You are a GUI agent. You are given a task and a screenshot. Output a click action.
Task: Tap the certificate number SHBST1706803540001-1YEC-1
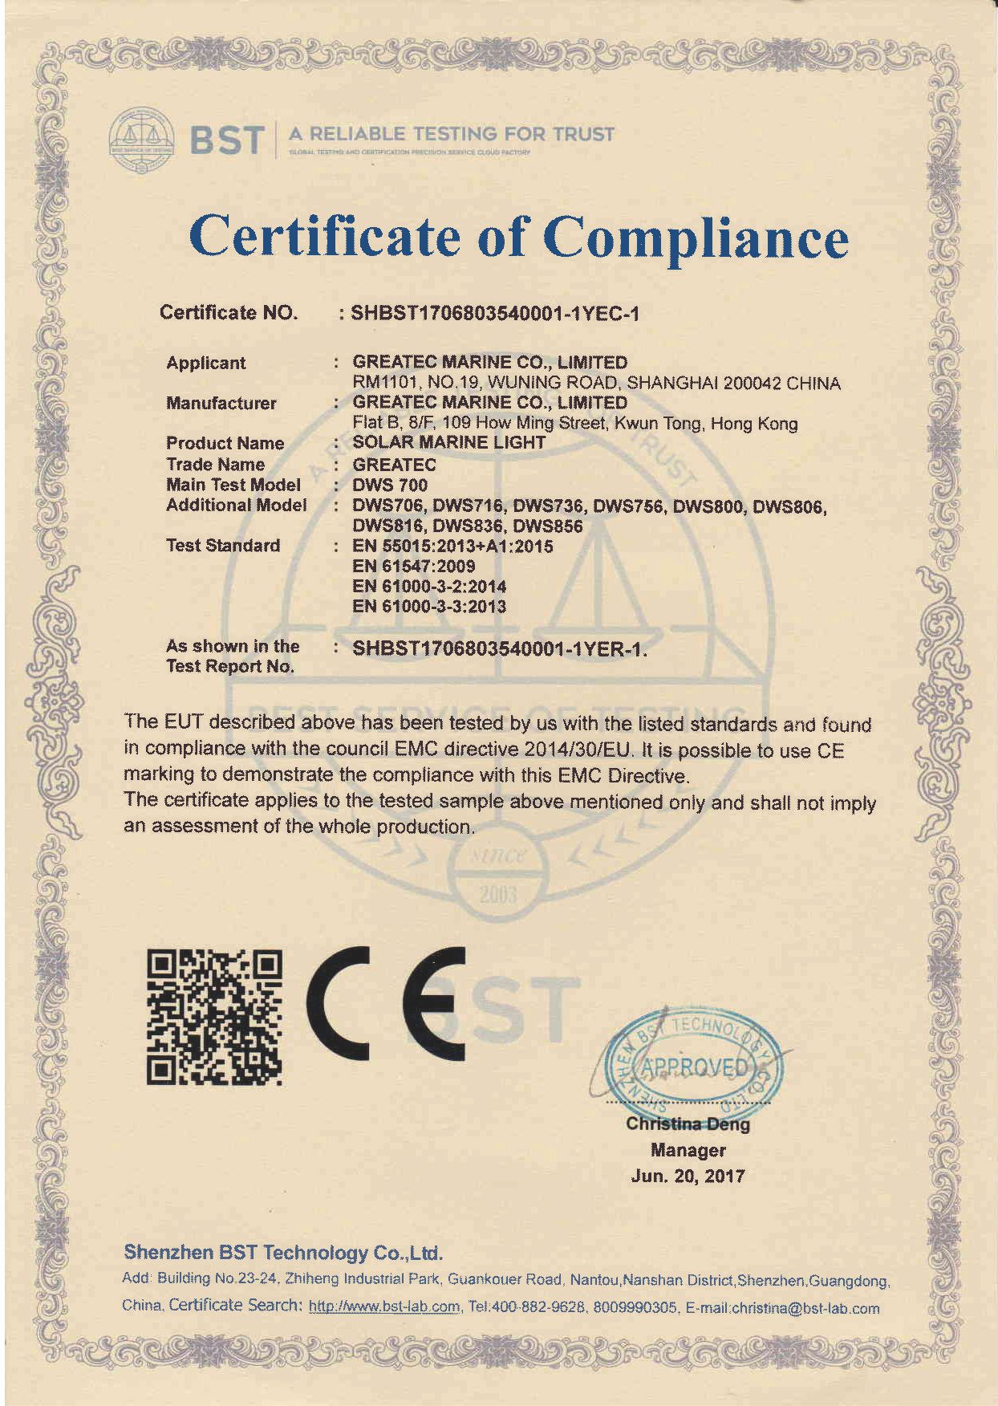click(x=495, y=314)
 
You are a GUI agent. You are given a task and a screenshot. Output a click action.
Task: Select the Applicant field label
click(x=205, y=363)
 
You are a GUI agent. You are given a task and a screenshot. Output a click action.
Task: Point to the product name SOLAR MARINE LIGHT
click(x=448, y=442)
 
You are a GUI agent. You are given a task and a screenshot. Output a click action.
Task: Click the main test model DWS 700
click(x=390, y=485)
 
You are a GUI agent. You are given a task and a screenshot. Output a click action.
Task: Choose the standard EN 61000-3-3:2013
click(x=429, y=607)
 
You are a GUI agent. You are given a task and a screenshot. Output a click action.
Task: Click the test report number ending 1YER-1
click(x=499, y=649)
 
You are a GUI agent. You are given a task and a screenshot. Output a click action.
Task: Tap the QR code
click(x=214, y=1016)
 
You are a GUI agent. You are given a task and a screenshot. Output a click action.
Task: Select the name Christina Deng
click(x=688, y=1124)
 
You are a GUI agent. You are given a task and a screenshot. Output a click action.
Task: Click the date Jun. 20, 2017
click(x=688, y=1176)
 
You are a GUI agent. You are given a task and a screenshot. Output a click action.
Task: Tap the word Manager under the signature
click(x=688, y=1151)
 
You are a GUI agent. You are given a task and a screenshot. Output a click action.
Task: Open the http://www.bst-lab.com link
click(x=384, y=1307)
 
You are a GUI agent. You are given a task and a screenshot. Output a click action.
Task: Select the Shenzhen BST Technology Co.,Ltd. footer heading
click(x=283, y=1253)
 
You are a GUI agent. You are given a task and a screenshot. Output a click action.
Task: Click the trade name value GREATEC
click(x=394, y=465)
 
